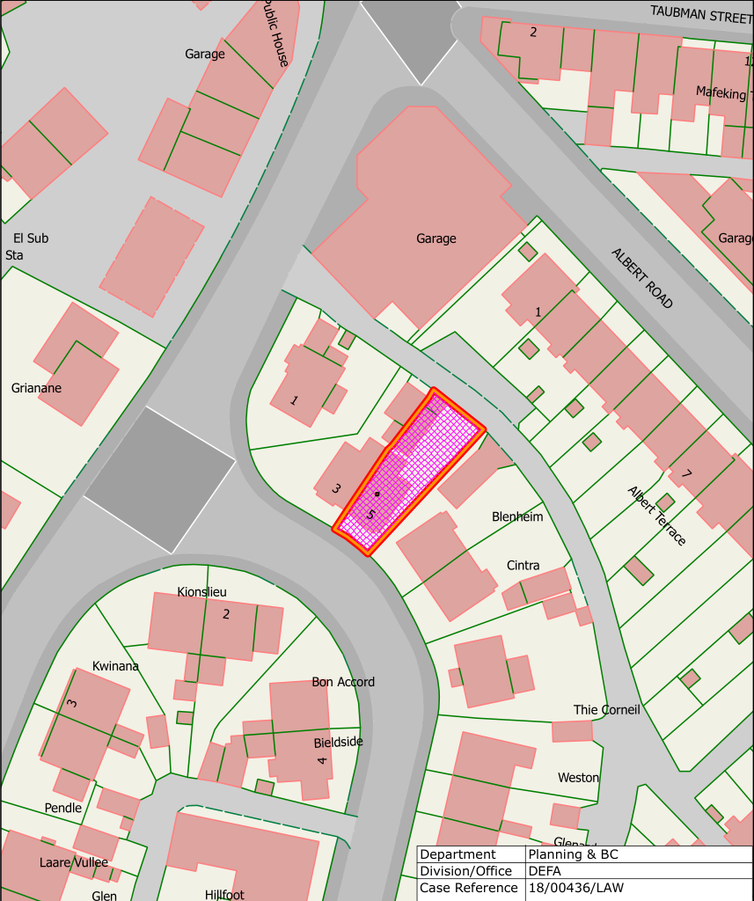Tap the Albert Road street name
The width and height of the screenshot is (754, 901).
[642, 278]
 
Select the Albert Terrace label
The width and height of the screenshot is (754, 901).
[656, 515]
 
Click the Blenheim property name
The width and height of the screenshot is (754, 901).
[517, 516]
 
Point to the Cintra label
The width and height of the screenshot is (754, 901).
[523, 565]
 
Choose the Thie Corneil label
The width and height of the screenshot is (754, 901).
[606, 709]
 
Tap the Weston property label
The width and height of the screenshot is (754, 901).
[578, 777]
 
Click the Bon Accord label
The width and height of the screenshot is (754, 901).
[343, 682]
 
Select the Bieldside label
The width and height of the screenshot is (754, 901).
[338, 742]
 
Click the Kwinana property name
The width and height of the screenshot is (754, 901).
[115, 666]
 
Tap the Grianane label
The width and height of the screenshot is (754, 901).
[36, 388]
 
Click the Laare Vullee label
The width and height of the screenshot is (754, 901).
[74, 862]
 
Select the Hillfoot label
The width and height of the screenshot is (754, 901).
[223, 894]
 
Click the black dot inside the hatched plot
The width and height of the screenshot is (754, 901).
[377, 494]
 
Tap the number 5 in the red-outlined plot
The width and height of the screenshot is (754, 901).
[371, 515]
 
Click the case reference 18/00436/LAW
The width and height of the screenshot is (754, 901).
[575, 888]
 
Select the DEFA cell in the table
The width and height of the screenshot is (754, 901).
[545, 871]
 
